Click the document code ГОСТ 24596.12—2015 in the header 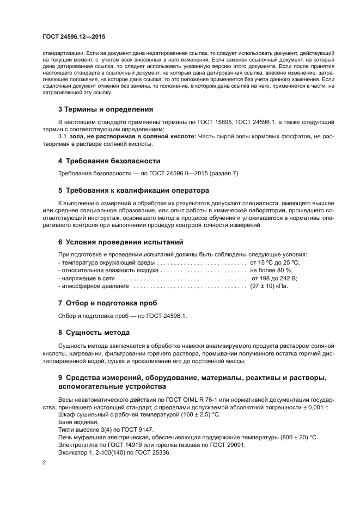74,36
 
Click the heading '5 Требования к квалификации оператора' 134,191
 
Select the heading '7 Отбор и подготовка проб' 107,302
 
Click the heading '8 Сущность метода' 94,332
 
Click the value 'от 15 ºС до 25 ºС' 274,262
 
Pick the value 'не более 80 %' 271,270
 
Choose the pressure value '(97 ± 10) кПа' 269,285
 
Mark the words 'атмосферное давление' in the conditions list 95,285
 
